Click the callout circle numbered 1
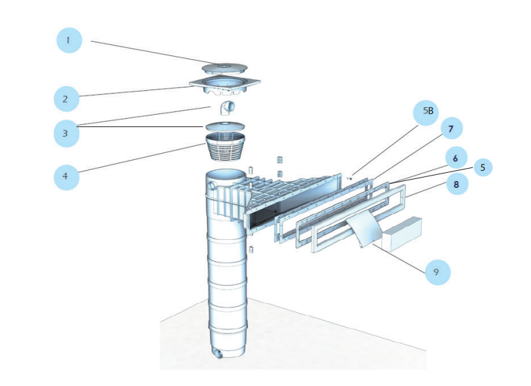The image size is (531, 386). click(68, 40)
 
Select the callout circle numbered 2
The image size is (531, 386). click(66, 98)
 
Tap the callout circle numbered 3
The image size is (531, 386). click(66, 133)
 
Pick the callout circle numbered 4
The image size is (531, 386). click(66, 176)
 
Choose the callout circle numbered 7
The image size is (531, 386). click(450, 128)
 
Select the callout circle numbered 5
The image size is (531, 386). click(482, 167)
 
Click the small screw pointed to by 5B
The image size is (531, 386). click(350, 178)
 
